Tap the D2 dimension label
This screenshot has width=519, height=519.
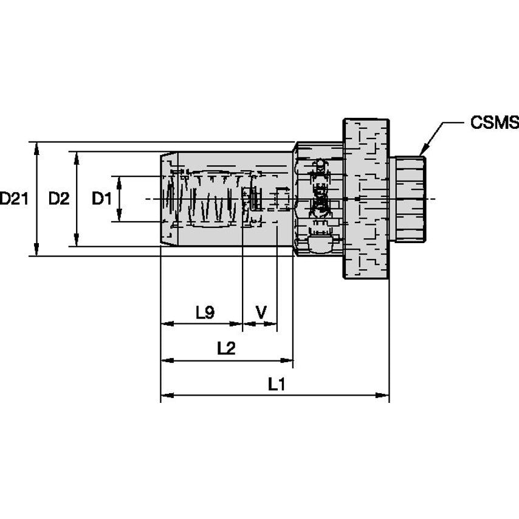[x=59, y=198]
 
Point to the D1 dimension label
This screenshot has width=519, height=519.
[x=101, y=198]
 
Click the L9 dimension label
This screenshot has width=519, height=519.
[x=205, y=313]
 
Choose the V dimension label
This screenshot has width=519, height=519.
[x=261, y=313]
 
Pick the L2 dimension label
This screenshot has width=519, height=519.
[x=226, y=349]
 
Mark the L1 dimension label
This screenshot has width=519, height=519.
[x=277, y=384]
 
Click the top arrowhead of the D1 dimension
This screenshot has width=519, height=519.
[x=120, y=181]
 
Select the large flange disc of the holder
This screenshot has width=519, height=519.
[x=366, y=198]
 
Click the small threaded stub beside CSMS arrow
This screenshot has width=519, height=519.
[x=407, y=198]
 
